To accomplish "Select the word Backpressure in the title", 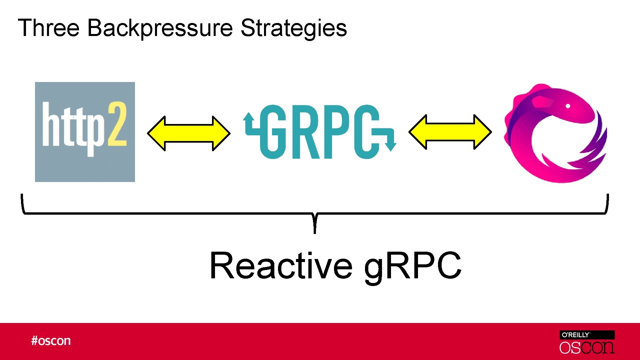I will click(x=160, y=28).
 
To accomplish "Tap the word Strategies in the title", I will click(x=293, y=28).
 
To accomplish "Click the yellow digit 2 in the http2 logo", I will click(x=117, y=124).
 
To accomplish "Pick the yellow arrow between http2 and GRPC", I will click(x=189, y=133).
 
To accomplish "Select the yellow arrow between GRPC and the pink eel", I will click(x=450, y=132).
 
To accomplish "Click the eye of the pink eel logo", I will click(x=568, y=106).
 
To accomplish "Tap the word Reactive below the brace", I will click(x=281, y=266).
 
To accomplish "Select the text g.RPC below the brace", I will click(x=413, y=266).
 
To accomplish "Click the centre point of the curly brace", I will click(x=315, y=220).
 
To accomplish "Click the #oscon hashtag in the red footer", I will click(x=51, y=341).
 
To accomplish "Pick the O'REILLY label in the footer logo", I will click(x=576, y=335).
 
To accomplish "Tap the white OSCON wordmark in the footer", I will click(x=587, y=348).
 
